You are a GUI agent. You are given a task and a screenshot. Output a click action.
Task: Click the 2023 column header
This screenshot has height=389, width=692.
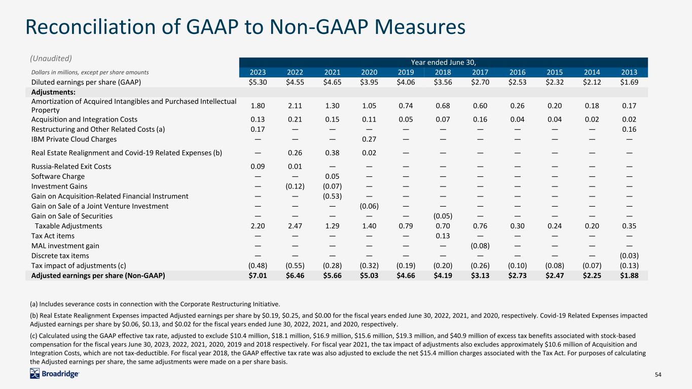tap(258, 72)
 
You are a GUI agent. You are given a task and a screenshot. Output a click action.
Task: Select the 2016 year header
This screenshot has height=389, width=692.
tap(518, 72)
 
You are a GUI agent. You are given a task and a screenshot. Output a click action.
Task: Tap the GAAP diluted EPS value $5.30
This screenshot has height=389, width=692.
tap(258, 82)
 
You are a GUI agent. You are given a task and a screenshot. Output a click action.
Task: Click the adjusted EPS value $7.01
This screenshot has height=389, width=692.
tap(258, 276)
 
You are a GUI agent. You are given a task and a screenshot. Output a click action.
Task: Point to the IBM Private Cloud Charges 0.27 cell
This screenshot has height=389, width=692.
tap(369, 139)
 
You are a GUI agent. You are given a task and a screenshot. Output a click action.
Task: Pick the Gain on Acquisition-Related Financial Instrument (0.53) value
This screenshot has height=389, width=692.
tap(333, 197)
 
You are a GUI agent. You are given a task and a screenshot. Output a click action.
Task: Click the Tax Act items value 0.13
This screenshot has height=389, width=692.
tap(443, 236)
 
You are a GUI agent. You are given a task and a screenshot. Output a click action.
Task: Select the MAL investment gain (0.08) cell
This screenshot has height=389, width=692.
tap(480, 246)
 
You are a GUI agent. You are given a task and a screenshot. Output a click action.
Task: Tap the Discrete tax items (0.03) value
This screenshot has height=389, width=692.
tap(629, 256)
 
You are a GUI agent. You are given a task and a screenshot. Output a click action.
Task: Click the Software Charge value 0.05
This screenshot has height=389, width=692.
tap(333, 176)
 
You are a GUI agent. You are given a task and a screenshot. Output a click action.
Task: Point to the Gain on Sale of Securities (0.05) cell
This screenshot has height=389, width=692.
tap(443, 216)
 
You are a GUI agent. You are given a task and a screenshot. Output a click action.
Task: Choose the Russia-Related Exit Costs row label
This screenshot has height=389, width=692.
tap(71, 167)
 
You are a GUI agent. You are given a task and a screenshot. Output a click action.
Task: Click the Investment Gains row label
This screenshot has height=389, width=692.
tap(59, 186)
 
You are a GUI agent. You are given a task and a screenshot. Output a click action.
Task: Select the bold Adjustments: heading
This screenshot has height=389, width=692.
tap(53, 92)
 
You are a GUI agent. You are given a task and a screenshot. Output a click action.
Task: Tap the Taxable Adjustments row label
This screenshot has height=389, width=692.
tap(68, 226)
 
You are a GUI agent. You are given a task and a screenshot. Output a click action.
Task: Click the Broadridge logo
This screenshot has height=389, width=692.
tap(54, 374)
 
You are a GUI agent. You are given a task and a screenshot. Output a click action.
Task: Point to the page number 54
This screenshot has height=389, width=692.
tap(658, 374)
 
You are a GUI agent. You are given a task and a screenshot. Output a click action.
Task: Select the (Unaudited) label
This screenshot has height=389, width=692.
tap(51, 58)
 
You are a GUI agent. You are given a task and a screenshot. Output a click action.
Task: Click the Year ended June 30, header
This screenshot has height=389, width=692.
tap(443, 62)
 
